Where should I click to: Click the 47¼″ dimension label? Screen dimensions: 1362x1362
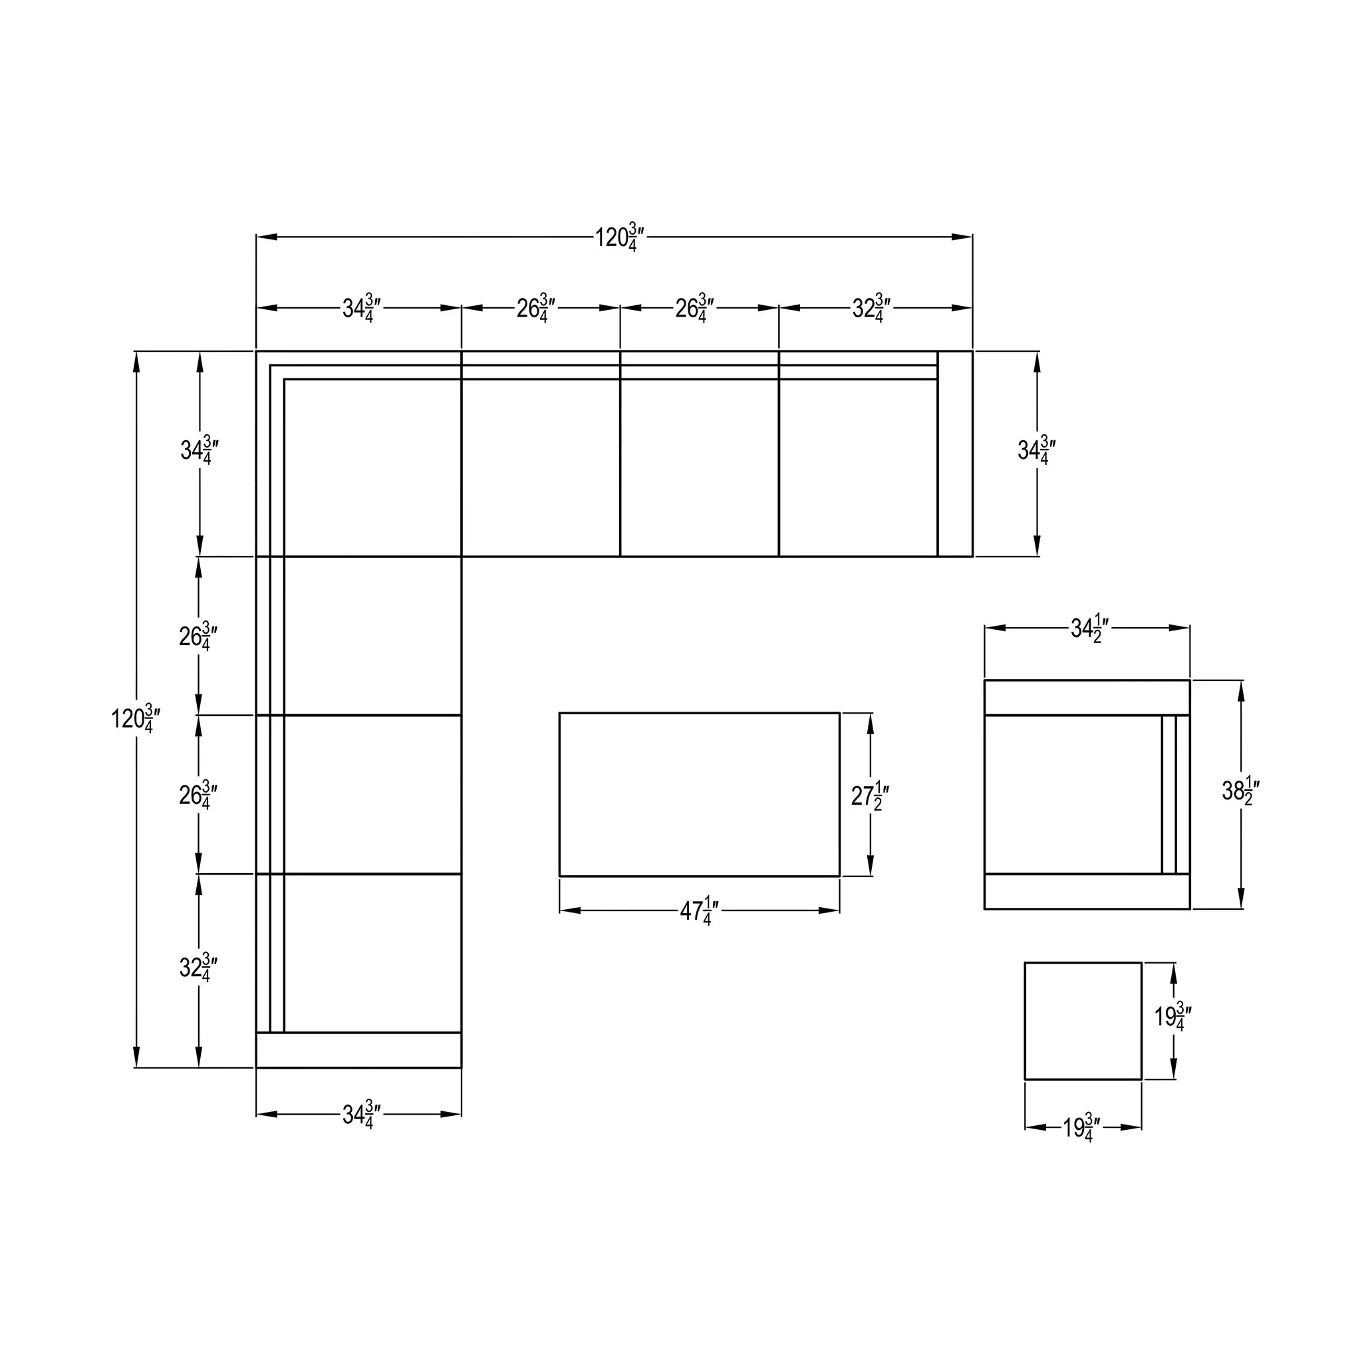700,912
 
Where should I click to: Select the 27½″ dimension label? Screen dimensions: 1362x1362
870,796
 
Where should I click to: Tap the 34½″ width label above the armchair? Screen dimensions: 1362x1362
1091,628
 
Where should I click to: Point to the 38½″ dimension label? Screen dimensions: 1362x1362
1241,791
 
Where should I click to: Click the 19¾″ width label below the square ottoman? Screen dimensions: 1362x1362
1083,1128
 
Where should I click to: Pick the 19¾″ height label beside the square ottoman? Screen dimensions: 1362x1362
1173,1017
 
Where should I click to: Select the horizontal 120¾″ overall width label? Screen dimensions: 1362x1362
620,237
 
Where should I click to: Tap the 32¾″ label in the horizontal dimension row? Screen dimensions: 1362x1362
871,308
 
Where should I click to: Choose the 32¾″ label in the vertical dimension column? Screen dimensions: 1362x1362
198,968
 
